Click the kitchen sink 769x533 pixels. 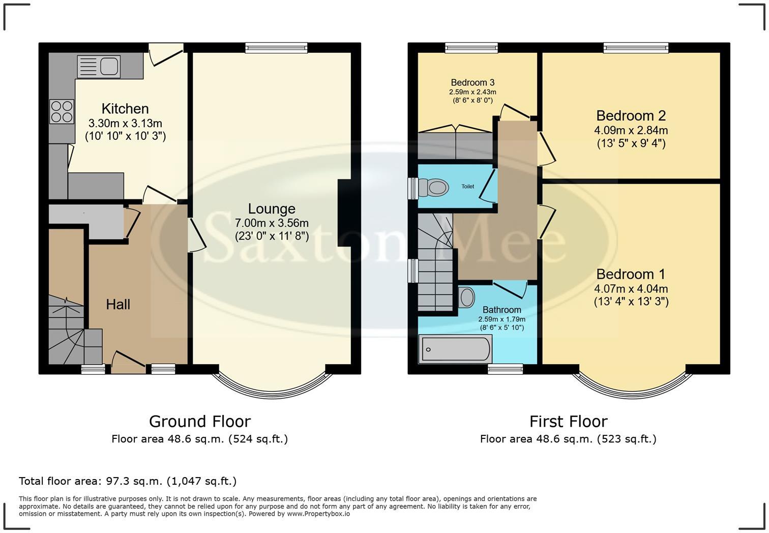(x=98, y=67)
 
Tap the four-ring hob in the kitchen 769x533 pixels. (x=62, y=111)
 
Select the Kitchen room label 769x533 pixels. (x=125, y=109)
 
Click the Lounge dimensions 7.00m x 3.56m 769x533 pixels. (x=272, y=223)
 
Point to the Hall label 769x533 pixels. (x=118, y=305)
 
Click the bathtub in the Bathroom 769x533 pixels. (x=454, y=349)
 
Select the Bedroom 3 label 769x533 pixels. (x=472, y=82)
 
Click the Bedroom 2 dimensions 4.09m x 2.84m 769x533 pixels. (x=631, y=130)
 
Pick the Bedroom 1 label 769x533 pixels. (x=631, y=275)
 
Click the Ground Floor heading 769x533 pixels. (x=199, y=422)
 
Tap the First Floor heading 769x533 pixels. (x=568, y=422)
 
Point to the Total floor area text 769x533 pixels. (x=128, y=481)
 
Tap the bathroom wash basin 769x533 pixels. (x=466, y=298)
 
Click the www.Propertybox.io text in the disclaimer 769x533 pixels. (x=318, y=514)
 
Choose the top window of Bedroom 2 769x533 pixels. (x=636, y=48)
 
